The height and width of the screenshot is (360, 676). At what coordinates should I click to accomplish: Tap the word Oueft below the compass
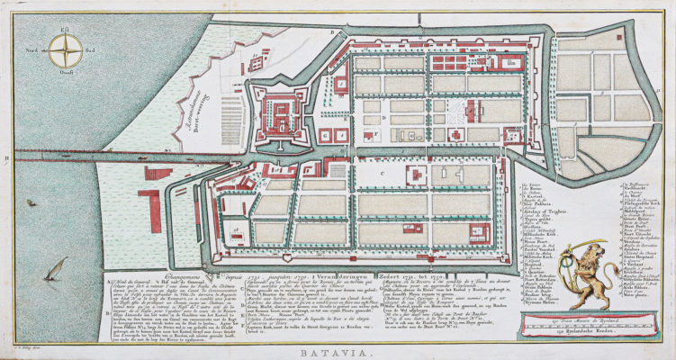tap(65, 75)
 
